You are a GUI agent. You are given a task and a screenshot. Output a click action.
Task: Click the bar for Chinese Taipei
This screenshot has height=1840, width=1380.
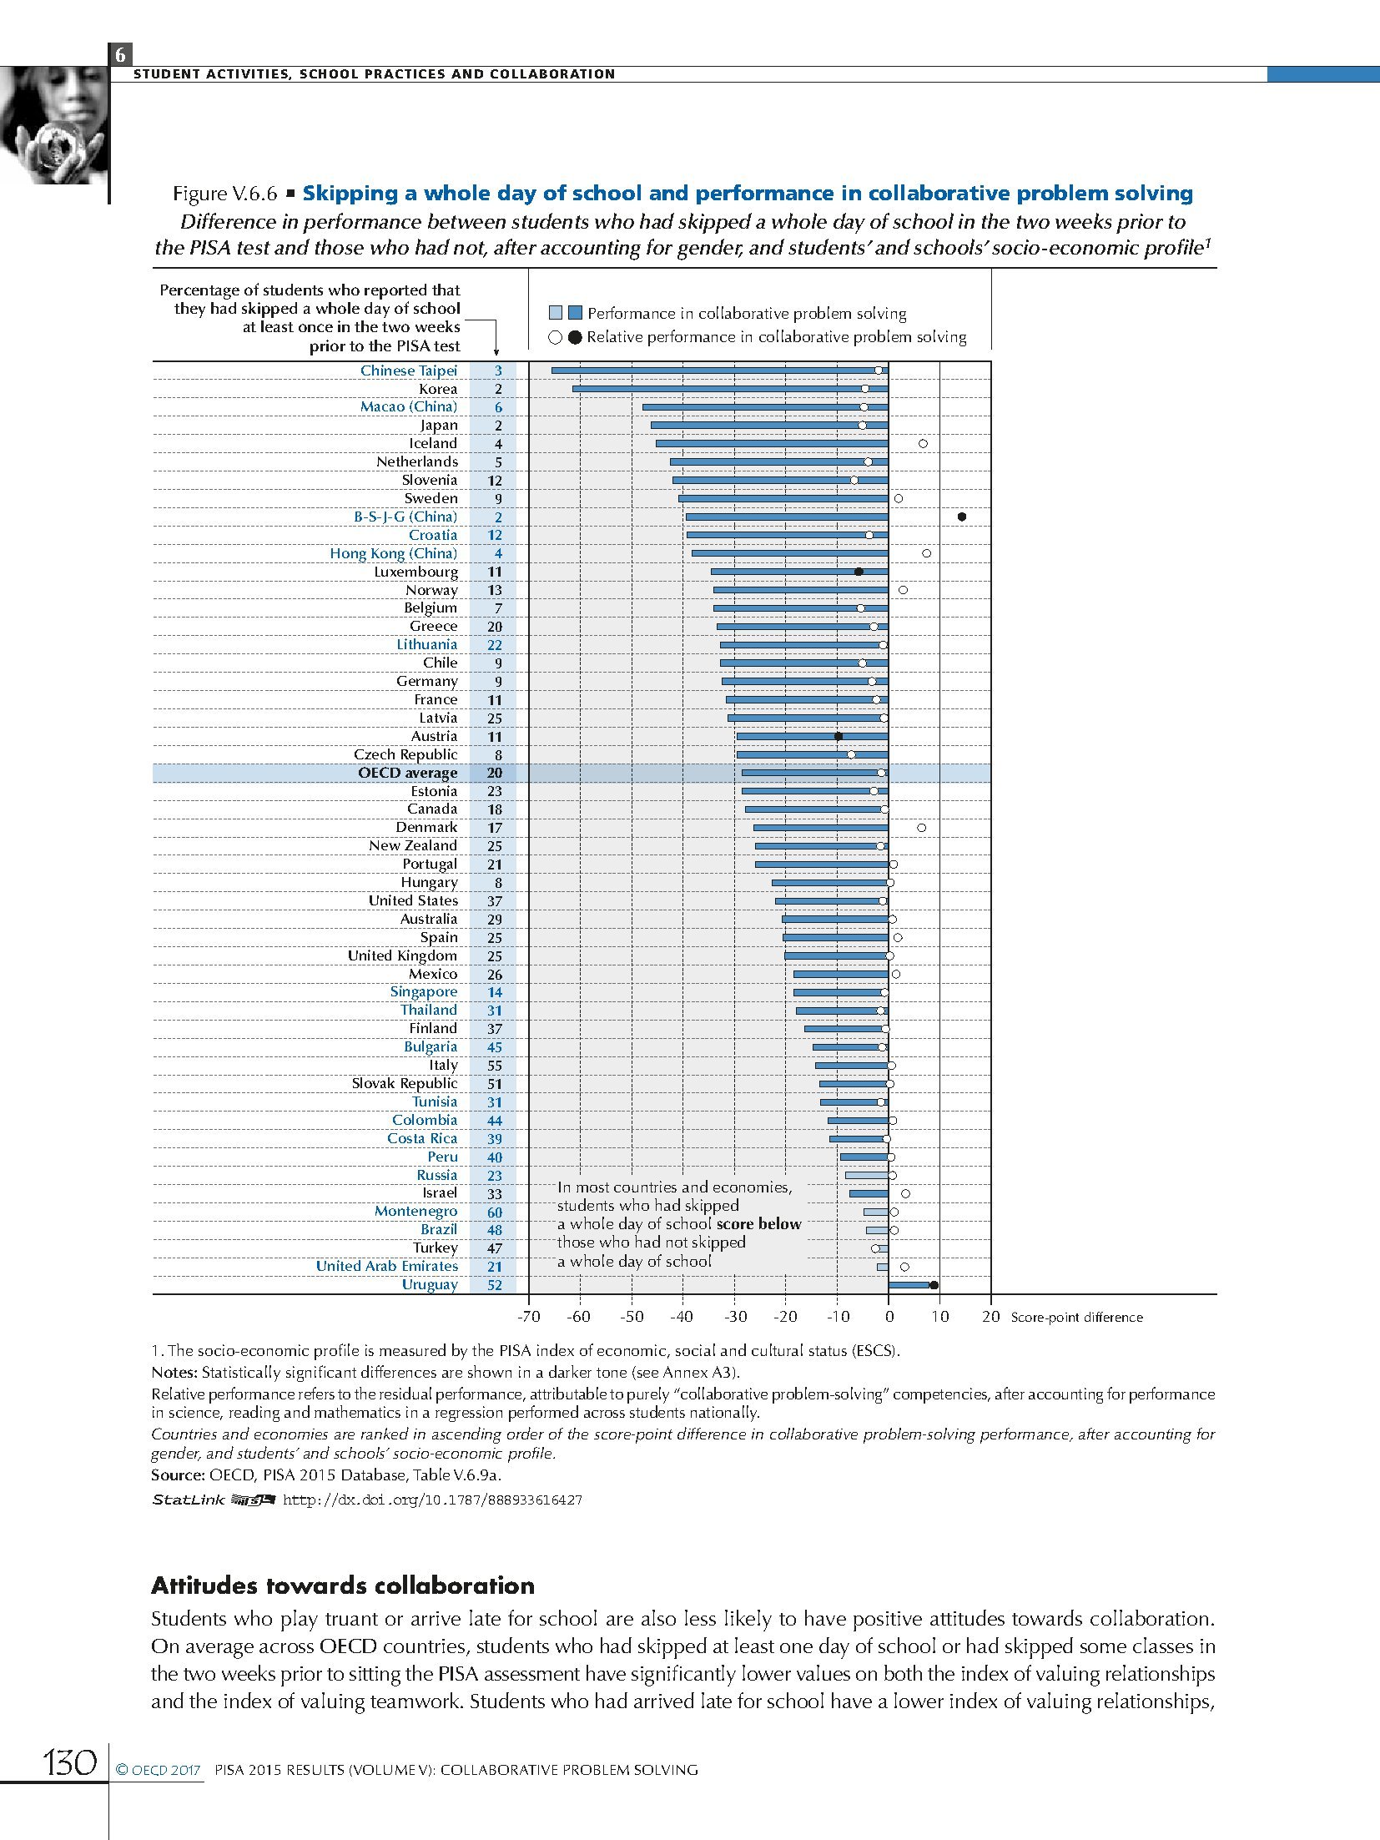718,371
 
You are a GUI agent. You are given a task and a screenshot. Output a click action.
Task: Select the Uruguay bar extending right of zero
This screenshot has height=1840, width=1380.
909,1285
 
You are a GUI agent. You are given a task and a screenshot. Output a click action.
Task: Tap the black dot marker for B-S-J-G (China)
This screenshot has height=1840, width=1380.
962,517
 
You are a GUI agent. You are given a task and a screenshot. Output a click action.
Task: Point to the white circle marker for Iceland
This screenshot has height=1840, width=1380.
923,444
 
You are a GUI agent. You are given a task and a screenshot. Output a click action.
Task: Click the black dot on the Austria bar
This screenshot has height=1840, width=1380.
839,736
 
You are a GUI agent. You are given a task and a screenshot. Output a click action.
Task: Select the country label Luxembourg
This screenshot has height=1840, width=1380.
416,572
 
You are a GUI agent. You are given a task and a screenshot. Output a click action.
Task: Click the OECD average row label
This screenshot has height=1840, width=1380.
407,773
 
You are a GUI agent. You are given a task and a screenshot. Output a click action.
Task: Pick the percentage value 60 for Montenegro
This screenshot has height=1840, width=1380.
495,1212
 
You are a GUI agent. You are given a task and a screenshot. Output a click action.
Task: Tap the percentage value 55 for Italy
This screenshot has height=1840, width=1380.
495,1066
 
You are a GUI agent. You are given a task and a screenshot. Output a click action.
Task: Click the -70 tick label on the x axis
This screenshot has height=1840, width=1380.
528,1317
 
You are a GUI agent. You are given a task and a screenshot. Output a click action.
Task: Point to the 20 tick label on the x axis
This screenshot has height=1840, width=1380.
991,1317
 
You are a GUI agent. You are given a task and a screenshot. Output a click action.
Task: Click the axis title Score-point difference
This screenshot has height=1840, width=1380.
1076,1318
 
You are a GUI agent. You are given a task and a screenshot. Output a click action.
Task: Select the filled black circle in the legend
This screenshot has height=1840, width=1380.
575,338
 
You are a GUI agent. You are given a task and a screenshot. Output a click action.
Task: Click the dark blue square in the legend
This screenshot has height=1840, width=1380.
575,313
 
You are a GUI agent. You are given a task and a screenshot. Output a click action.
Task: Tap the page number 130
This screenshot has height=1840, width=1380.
70,1763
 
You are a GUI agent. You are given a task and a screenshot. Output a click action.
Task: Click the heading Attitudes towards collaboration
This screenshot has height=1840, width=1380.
343,1585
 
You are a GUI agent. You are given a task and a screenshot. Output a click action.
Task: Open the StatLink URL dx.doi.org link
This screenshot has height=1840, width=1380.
432,1500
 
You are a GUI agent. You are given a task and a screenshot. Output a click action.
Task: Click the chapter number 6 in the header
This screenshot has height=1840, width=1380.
120,55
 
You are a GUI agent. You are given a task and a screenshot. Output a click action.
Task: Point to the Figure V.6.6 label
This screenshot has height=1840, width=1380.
224,194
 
